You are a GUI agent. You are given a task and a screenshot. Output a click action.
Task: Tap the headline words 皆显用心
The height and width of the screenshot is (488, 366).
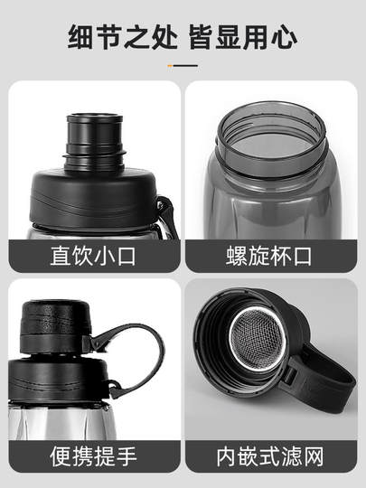point(242,37)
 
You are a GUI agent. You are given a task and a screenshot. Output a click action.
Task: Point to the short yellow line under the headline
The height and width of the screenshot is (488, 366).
point(183,65)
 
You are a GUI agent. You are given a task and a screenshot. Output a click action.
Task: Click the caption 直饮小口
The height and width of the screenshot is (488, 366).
point(93,256)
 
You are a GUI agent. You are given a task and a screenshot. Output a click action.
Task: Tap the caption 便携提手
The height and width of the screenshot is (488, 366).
point(93,455)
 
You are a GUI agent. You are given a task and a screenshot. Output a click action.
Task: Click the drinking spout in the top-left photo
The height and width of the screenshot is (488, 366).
point(95,140)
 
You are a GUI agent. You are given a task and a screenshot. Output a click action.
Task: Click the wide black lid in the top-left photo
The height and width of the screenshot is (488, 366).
point(90,199)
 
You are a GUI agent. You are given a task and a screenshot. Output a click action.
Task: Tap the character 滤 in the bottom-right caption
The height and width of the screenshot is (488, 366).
point(291,455)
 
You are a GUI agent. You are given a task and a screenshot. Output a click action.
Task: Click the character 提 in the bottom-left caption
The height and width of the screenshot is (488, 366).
point(105,455)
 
